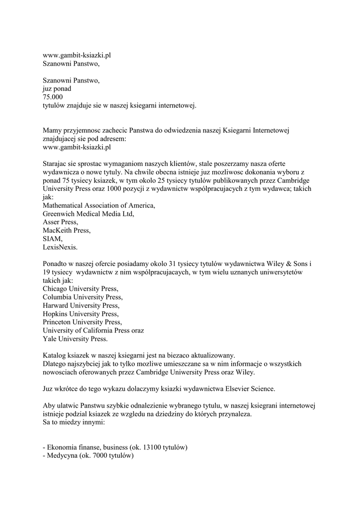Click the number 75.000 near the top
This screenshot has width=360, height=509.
pyautogui.click(x=53, y=96)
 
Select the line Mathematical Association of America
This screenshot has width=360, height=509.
pyautogui.click(x=99, y=206)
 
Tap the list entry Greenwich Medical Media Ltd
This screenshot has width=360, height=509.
pyautogui.click(x=89, y=214)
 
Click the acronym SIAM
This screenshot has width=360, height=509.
pyautogui.click(x=53, y=239)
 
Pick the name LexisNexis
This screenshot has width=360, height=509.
pyautogui.click(x=60, y=247)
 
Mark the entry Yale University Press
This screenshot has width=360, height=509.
pyautogui.click(x=75, y=339)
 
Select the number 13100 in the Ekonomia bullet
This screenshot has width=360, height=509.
pyautogui.click(x=153, y=447)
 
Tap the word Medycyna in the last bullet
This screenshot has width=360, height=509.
pyautogui.click(x=62, y=456)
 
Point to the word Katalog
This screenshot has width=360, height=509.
pyautogui.click(x=55, y=355)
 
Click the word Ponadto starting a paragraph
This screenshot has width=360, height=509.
pyautogui.click(x=56, y=263)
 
